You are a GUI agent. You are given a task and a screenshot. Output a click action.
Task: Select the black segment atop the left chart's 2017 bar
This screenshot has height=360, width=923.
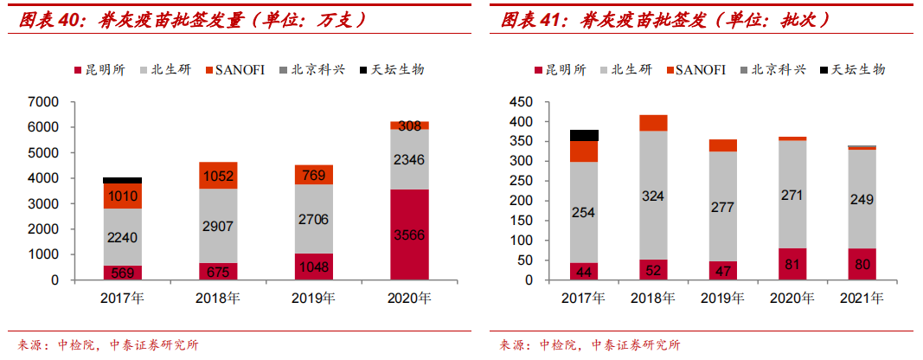coord(123,180)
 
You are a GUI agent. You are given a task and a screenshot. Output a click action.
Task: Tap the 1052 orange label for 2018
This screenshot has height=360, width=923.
coord(219,177)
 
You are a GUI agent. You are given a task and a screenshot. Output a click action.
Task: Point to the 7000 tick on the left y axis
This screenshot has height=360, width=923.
coord(43,102)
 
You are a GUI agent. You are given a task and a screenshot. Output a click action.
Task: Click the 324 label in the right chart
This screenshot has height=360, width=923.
coord(654,196)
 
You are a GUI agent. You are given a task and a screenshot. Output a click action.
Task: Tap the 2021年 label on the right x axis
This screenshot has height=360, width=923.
coord(862,299)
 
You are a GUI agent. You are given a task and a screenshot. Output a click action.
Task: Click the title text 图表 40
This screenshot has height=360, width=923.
coord(48,18)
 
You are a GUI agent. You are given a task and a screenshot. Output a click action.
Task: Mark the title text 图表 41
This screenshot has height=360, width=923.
coord(529,18)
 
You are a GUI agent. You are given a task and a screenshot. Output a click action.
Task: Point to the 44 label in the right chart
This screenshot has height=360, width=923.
coord(585,271)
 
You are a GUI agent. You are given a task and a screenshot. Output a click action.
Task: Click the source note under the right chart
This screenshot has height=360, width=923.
coord(588,345)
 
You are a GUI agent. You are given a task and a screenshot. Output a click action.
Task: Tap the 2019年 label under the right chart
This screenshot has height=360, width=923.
coord(723,299)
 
